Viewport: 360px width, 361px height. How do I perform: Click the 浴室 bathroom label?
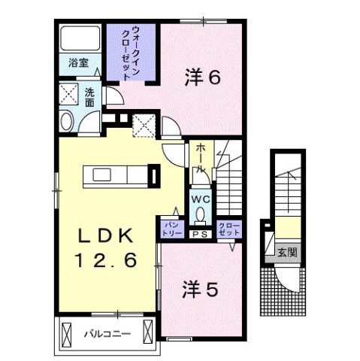pyautogui.click(x=78, y=63)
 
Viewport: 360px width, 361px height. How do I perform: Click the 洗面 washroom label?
pyautogui.click(x=89, y=98)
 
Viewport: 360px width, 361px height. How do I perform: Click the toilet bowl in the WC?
pyautogui.click(x=199, y=214)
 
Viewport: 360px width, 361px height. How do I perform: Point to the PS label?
pyautogui.click(x=200, y=234)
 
